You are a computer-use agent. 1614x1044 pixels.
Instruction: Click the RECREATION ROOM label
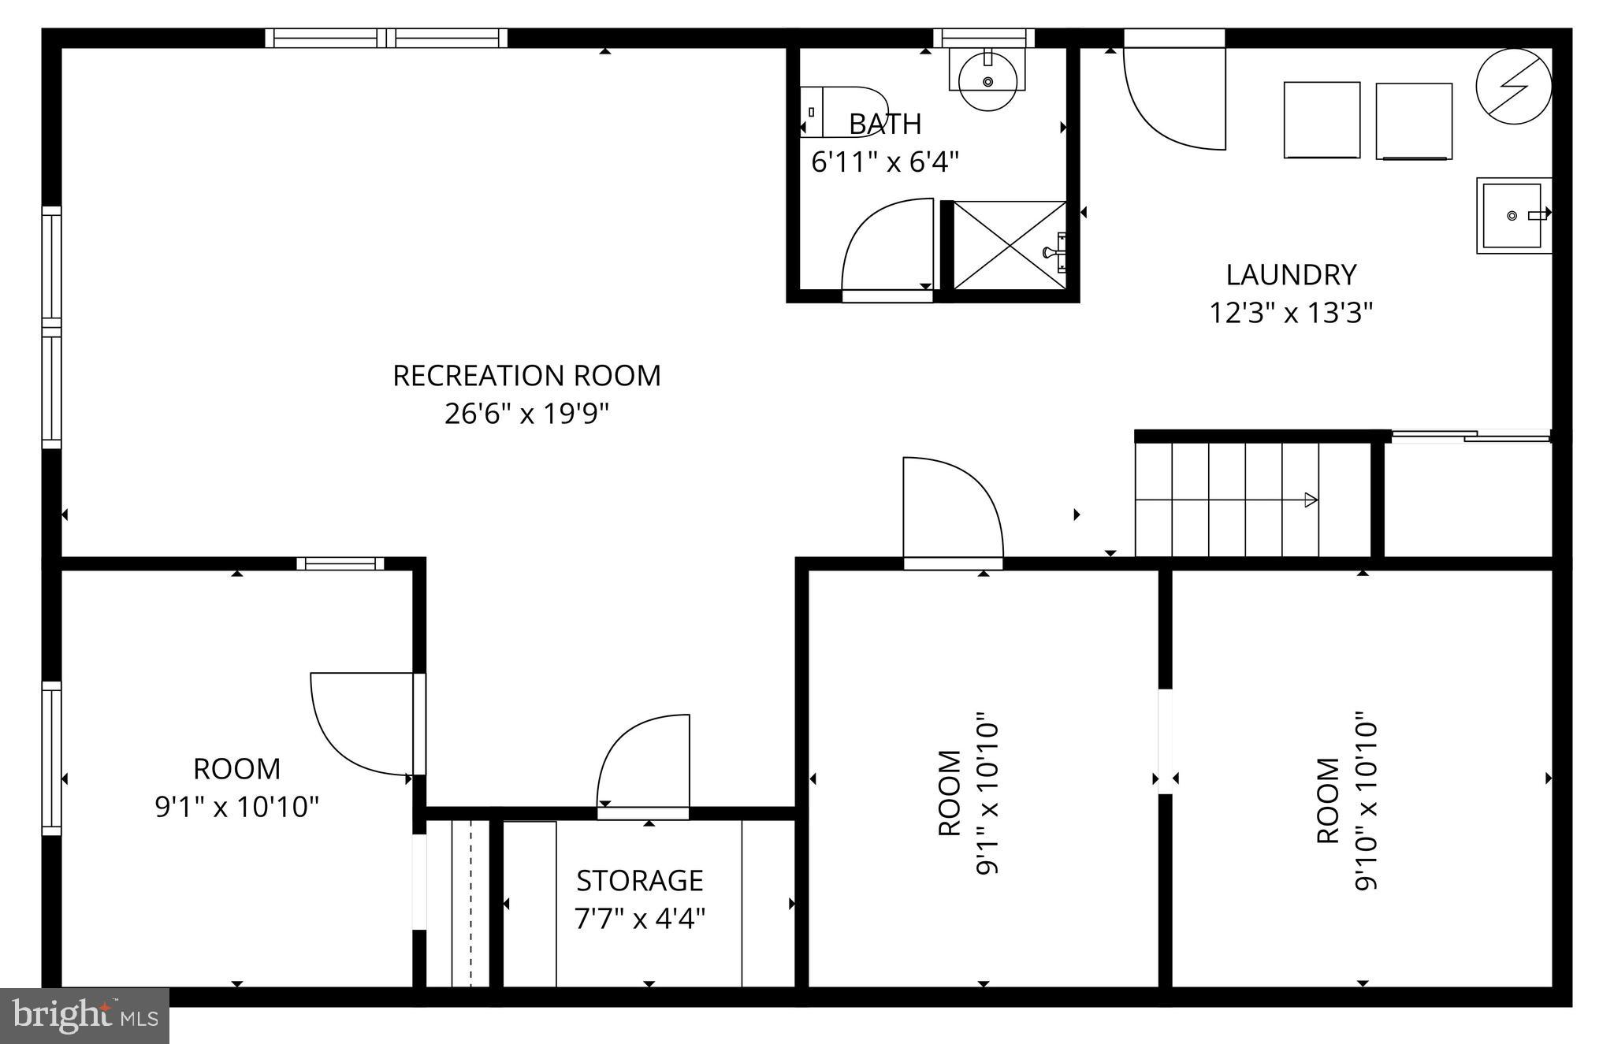(526, 376)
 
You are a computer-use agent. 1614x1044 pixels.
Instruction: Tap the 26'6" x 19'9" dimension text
(526, 414)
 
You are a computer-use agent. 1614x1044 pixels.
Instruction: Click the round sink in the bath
(987, 79)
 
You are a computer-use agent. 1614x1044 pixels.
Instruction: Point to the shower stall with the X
(1009, 245)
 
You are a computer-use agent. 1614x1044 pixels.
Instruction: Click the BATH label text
(885, 124)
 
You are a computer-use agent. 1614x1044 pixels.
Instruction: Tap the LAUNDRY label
(1291, 275)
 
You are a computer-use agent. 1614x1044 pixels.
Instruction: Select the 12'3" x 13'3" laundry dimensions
(1291, 314)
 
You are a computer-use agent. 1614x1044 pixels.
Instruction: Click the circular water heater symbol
(1513, 86)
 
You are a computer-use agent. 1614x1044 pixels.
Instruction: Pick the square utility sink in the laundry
(1511, 215)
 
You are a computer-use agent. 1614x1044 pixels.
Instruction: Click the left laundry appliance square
(1322, 120)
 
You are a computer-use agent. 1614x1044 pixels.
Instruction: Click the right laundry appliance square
(1414, 121)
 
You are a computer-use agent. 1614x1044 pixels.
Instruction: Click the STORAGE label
(639, 880)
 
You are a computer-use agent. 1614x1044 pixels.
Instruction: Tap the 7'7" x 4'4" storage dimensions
(639, 919)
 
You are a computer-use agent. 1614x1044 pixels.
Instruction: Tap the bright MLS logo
(84, 1016)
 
